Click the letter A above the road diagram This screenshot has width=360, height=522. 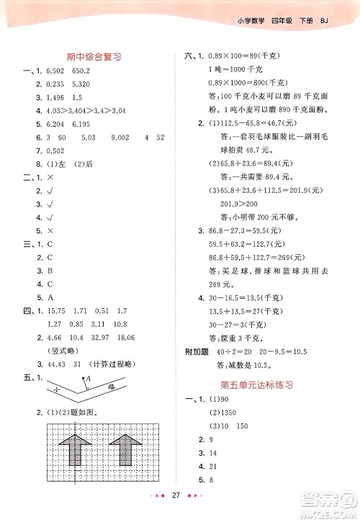point(87,379)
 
